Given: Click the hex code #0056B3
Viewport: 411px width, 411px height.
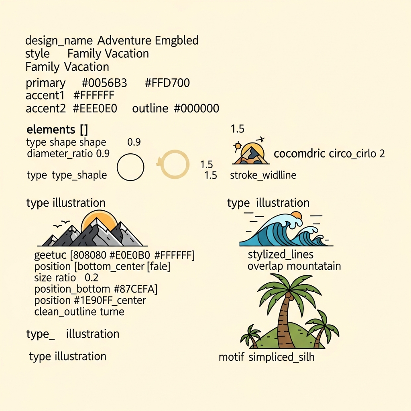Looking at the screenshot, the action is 104,83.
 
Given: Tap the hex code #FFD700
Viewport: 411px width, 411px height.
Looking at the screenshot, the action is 167,83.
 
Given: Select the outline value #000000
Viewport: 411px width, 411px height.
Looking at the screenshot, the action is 197,108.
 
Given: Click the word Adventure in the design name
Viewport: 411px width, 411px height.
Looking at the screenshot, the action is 124,41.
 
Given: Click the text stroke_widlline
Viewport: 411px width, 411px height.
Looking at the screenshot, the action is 263,175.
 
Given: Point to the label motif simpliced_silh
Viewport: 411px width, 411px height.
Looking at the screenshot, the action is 267,357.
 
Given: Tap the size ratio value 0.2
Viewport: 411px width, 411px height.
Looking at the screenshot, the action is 92,278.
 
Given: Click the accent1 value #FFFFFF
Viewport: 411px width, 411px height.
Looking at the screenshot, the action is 94,96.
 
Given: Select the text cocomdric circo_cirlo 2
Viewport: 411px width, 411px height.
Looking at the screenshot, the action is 329,154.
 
